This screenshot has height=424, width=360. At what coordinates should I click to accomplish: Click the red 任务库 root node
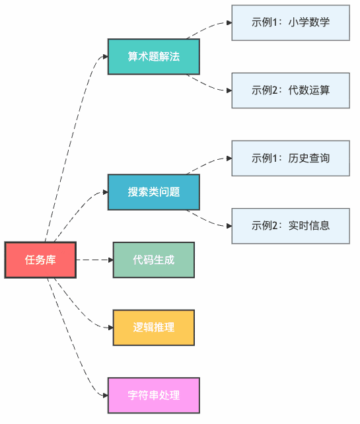[x=40, y=260]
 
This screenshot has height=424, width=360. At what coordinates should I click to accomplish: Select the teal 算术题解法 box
[x=153, y=56]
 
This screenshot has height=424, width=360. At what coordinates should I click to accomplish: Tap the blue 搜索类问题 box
[x=153, y=192]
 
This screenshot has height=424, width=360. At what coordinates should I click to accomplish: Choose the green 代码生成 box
[x=153, y=260]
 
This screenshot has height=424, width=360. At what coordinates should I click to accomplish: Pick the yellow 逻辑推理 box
[x=153, y=328]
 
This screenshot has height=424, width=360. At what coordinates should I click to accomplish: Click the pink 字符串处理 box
[x=153, y=396]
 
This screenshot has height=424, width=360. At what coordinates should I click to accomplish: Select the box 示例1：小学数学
[x=290, y=22]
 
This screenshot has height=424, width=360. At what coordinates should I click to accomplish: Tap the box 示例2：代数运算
[x=290, y=90]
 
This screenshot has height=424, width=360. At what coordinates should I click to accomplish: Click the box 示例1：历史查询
[x=290, y=159]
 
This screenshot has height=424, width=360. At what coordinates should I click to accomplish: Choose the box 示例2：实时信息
[x=290, y=226]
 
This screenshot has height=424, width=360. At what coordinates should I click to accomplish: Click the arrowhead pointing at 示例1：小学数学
[x=228, y=22]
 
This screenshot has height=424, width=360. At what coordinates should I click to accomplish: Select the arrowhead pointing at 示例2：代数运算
[x=228, y=90]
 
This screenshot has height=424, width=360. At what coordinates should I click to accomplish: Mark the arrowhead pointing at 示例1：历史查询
[x=228, y=159]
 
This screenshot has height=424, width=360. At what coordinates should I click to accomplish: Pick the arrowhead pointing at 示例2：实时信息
[x=228, y=226]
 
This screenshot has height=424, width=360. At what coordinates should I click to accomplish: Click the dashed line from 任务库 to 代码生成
[x=92, y=260]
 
